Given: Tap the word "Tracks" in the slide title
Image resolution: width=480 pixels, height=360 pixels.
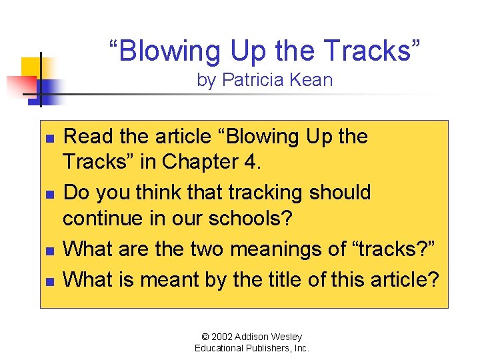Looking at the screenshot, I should pos(377,51).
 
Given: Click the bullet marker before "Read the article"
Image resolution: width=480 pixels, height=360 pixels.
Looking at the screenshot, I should pos(49,137).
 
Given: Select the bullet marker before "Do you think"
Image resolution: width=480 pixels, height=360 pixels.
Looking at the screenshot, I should pos(49,193).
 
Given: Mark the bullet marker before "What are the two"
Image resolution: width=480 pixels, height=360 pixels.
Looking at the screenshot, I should pos(49,251).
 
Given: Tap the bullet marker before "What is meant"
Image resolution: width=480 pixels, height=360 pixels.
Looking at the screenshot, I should pos(49,279).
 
